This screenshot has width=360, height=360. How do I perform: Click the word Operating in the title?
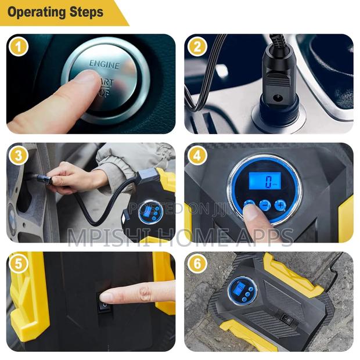(x=37, y=12)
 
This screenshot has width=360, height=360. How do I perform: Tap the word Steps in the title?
(x=87, y=12)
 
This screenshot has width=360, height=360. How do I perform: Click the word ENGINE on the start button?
(x=105, y=64)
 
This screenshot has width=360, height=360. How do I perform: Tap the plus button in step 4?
(x=280, y=204)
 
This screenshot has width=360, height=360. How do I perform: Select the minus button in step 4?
(x=265, y=205)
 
